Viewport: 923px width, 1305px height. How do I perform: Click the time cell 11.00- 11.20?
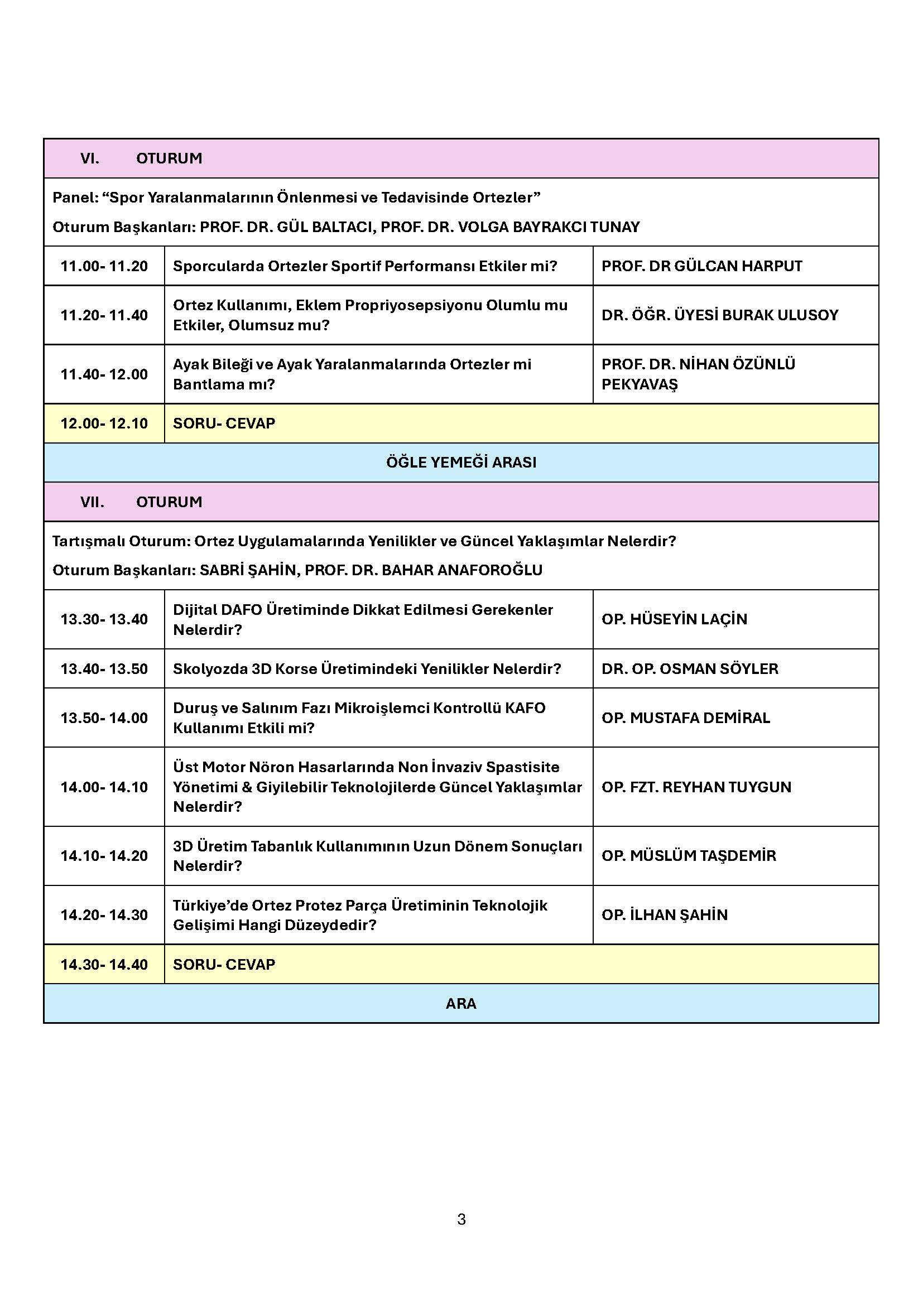pos(104,266)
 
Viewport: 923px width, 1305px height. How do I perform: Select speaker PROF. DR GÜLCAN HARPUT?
pos(701,266)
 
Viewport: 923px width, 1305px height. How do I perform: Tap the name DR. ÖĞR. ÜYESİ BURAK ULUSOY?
pos(719,315)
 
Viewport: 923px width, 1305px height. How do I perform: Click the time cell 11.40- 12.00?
pos(104,374)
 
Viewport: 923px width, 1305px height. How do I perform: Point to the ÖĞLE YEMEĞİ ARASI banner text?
pos(461,462)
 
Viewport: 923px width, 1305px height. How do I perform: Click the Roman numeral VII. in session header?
pos(92,502)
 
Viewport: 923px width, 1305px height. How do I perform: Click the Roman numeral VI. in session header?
pos(90,158)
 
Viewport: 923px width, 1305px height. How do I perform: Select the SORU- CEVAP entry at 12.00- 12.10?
pos(224,423)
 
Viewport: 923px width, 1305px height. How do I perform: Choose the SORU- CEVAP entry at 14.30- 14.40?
pos(224,964)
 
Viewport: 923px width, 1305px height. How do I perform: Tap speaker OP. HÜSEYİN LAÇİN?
pos(674,619)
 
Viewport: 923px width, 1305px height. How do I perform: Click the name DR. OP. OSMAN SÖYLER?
pos(689,668)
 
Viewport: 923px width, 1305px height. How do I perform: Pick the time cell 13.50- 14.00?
pos(104,718)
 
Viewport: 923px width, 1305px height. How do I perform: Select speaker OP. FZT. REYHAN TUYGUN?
pos(696,787)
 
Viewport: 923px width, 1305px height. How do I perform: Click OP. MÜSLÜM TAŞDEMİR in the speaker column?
pos(688,855)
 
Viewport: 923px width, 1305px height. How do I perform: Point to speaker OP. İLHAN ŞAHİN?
pos(665,914)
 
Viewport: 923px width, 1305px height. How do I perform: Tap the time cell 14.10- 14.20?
pos(104,855)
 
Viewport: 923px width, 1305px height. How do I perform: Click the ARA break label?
pos(461,1003)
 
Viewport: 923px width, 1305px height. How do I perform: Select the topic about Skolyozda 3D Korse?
pos(367,668)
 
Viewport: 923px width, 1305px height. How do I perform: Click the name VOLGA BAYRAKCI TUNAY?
pos(549,227)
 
